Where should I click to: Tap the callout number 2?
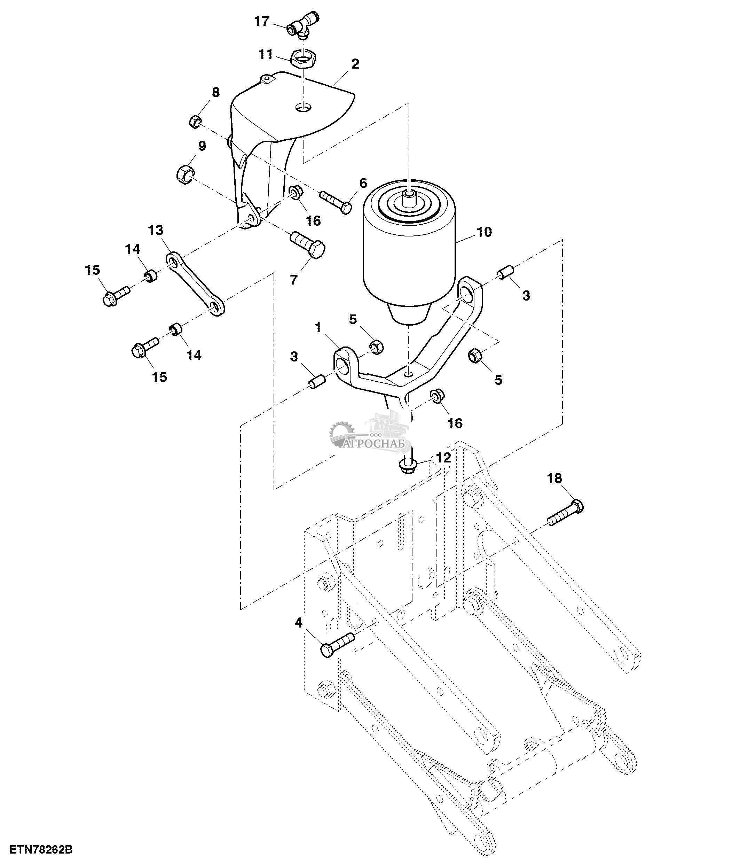tap(355, 64)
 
